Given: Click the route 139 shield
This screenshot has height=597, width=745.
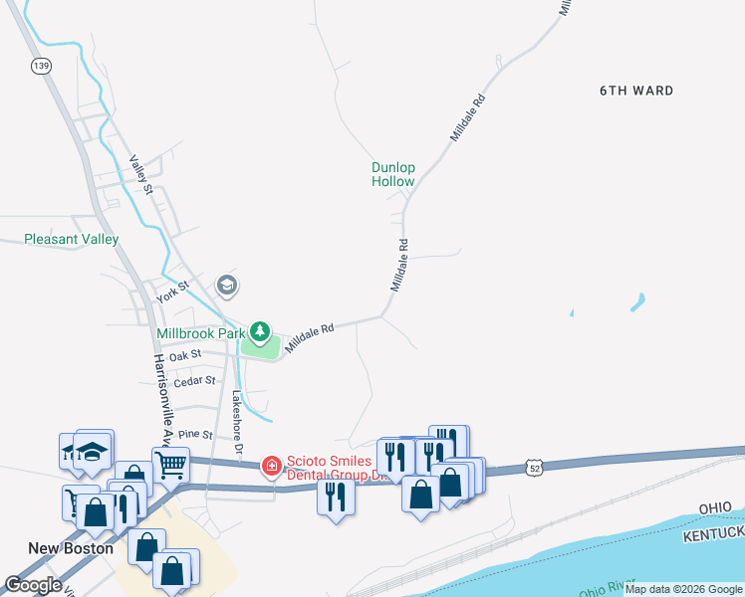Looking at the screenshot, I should click(x=40, y=65).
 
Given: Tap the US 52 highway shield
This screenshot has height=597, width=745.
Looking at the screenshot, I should click(x=535, y=467).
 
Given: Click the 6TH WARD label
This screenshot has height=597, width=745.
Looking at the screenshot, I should click(x=635, y=91).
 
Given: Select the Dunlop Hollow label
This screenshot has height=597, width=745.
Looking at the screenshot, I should click(x=393, y=175).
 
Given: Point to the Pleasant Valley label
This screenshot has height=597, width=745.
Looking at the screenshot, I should click(x=72, y=239).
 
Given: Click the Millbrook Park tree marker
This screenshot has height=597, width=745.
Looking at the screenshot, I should click(x=260, y=330).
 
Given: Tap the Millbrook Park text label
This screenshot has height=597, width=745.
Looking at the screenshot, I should click(x=200, y=332).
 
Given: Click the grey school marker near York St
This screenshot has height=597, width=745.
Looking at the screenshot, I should click(x=226, y=286).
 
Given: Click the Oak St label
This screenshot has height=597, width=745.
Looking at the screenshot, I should click(x=185, y=354).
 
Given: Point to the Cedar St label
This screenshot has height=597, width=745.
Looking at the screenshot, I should click(x=194, y=380).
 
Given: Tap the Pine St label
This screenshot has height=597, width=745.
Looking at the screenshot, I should click(x=195, y=435).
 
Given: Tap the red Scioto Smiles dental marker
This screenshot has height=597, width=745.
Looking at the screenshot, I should click(x=270, y=465).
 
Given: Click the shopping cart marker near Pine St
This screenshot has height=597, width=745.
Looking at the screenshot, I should click(x=170, y=463).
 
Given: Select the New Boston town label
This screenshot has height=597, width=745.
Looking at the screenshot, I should click(x=70, y=548).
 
